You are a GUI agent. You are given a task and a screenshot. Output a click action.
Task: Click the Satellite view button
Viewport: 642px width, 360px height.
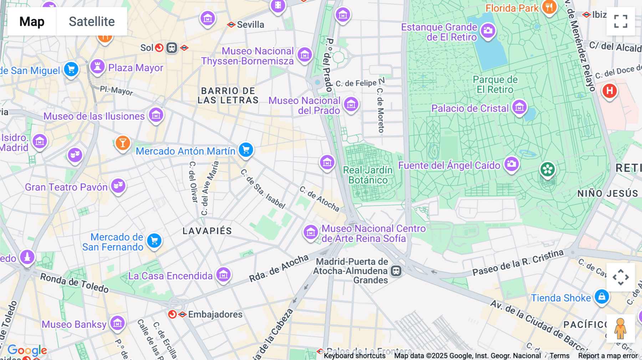[92, 21]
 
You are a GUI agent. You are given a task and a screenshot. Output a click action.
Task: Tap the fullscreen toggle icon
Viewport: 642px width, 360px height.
[621, 21]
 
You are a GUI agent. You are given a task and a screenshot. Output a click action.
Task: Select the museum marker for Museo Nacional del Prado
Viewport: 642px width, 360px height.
[351, 104]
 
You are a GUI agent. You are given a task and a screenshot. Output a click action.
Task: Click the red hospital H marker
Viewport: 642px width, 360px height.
[610, 91]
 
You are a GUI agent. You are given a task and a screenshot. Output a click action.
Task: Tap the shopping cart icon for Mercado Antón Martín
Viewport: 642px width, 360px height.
[246, 150]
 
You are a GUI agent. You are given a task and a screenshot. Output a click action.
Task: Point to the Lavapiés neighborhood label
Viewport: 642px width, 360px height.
[207, 231]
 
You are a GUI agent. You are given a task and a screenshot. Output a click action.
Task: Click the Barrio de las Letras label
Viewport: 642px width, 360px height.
[228, 96]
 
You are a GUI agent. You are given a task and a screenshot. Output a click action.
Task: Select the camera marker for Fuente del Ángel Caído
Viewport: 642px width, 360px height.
[511, 164]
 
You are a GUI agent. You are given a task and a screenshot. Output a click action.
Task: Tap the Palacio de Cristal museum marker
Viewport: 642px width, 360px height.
[519, 107]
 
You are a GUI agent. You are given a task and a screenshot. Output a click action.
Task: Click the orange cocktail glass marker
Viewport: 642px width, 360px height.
[122, 143]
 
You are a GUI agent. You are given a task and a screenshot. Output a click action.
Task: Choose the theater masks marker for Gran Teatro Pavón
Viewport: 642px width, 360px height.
[118, 186]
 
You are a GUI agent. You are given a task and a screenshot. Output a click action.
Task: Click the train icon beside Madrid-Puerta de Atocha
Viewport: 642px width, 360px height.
[396, 271]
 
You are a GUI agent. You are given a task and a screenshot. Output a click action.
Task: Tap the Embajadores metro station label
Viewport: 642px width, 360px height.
[215, 314]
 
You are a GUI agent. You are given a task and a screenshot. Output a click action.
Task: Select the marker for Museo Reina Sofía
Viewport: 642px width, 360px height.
[311, 232]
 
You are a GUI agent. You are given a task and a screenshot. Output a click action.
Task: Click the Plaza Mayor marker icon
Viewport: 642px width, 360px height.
[97, 66]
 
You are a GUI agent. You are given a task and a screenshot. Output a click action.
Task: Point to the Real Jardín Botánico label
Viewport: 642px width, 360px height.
[368, 175]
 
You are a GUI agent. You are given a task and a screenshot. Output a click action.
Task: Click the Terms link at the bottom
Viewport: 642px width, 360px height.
[559, 356]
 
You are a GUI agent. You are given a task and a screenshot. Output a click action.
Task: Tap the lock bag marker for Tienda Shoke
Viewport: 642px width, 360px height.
[602, 297]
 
